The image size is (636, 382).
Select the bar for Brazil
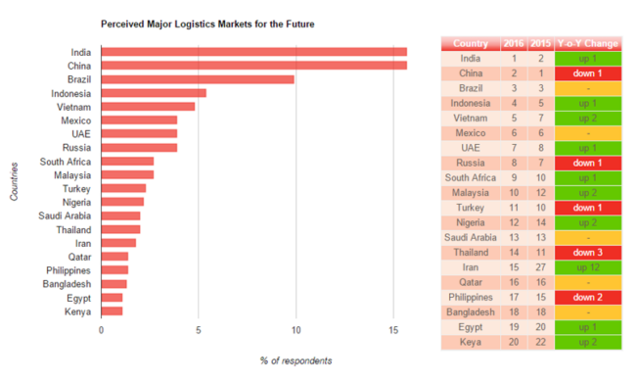pyautogui.click(x=197, y=79)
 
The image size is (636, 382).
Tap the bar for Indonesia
pyautogui.click(x=153, y=93)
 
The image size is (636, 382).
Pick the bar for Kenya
pyautogui.click(x=111, y=311)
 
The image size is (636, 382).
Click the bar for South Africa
pyautogui.click(x=126, y=162)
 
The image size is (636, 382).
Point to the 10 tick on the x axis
pyautogui.click(x=296, y=330)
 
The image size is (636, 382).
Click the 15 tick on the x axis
pyautogui.click(x=393, y=330)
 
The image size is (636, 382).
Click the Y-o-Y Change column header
pyautogui.click(x=587, y=43)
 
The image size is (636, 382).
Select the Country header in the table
pyautogui.click(x=471, y=43)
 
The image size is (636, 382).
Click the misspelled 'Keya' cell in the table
pyautogui.click(x=471, y=343)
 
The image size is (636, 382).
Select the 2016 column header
pyautogui.click(x=513, y=43)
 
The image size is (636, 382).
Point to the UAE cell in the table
pyautogui.click(x=471, y=147)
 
